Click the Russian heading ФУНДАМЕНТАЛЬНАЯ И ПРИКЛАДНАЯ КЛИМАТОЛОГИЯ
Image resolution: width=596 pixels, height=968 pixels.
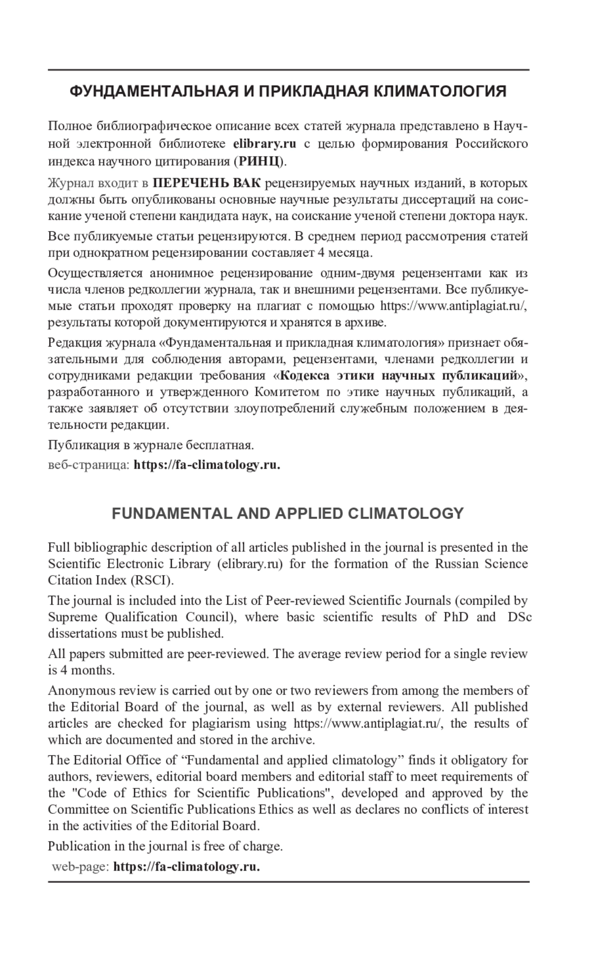tap(288, 92)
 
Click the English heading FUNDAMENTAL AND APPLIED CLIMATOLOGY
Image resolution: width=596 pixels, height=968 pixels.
tap(288, 513)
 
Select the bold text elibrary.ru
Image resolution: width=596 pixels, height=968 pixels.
tap(264, 144)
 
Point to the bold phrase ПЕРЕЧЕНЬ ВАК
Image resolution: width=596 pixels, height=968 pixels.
tap(207, 183)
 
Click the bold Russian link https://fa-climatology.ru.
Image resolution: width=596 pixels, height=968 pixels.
tap(207, 465)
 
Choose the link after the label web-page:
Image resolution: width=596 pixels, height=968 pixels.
tap(187, 867)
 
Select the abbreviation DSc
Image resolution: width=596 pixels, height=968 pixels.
tap(521, 617)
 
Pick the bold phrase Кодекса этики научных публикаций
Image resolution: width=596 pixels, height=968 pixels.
tap(399, 375)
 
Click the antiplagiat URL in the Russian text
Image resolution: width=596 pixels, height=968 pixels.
tap(452, 306)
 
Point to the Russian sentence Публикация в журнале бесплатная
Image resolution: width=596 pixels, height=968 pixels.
tap(151, 445)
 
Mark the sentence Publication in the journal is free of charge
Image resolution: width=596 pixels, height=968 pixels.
tap(165, 846)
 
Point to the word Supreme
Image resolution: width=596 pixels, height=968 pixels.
tap(73, 617)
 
